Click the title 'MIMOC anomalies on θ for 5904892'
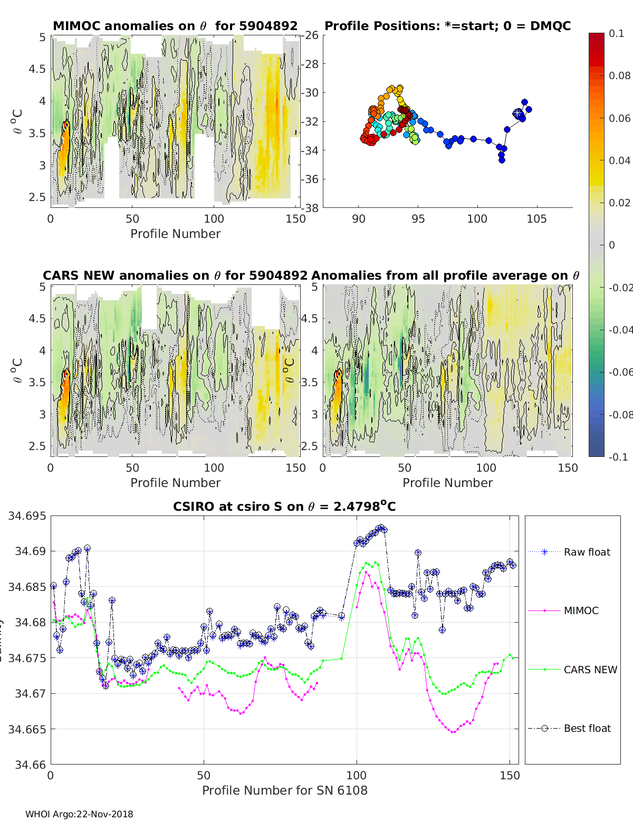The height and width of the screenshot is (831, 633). click(x=175, y=26)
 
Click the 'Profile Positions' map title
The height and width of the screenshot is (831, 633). click(x=447, y=26)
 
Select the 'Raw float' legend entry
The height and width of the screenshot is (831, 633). click(x=587, y=552)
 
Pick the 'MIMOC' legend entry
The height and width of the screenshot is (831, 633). click(x=581, y=610)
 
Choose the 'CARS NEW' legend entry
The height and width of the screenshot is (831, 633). click(x=590, y=670)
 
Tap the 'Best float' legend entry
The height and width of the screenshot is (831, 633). click(x=587, y=728)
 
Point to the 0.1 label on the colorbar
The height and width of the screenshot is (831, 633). click(x=616, y=33)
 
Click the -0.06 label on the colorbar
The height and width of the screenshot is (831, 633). click(x=620, y=372)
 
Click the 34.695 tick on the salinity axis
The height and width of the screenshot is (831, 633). click(x=27, y=516)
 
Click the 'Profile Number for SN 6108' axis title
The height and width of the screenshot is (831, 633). click(x=284, y=790)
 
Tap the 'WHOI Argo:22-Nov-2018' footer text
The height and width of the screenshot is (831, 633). click(x=79, y=814)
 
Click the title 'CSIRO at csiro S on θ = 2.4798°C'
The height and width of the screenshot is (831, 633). click(x=284, y=507)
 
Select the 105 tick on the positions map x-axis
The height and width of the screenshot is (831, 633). click(x=536, y=219)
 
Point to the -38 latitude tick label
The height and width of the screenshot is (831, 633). click(x=310, y=208)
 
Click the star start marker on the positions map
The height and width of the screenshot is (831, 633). click(x=518, y=113)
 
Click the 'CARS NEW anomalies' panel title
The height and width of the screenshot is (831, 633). click(x=175, y=275)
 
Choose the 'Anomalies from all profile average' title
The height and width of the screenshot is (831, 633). click(x=445, y=275)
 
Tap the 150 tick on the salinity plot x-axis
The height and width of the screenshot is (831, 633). click(x=510, y=776)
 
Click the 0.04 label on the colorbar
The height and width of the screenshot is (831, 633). click(x=620, y=160)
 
